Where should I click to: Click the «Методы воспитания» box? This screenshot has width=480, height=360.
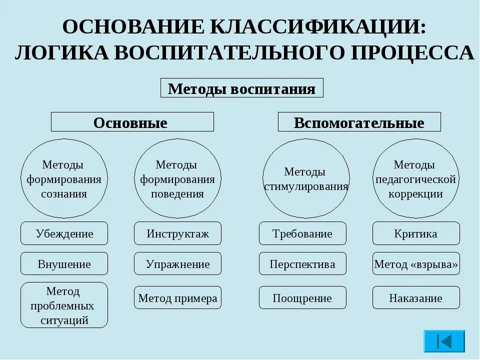coord(241,88)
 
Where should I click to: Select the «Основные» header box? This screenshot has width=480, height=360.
coord(132,122)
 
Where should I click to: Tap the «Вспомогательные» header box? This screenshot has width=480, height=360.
coord(359,122)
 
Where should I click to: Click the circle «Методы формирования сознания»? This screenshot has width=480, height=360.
coord(64,179)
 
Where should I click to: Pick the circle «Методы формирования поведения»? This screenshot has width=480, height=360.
coord(177,179)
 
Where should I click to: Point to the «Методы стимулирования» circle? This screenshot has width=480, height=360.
coord(306,179)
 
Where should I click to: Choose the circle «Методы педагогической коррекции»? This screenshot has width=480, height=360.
coord(416,179)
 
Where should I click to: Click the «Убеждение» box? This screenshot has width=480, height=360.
coord(64,233)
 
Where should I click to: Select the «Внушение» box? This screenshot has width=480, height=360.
coord(64,264)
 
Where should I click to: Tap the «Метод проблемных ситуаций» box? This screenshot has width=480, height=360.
coord(64,305)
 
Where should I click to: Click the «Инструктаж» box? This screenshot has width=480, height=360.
coord(177,233)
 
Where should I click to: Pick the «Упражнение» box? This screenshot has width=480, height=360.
coord(177,264)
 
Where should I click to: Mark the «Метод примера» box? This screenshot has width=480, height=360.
coord(177,298)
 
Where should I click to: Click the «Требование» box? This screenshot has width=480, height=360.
coord(302,233)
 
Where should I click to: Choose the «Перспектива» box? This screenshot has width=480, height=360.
coord(302,264)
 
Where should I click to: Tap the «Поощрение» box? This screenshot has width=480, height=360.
coord(302,298)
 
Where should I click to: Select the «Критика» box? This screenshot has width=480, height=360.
coord(416,233)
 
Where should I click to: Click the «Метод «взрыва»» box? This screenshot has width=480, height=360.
coord(416,264)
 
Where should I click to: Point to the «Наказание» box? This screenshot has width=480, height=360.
coord(416,298)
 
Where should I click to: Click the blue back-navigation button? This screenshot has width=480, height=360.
coord(444,341)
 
